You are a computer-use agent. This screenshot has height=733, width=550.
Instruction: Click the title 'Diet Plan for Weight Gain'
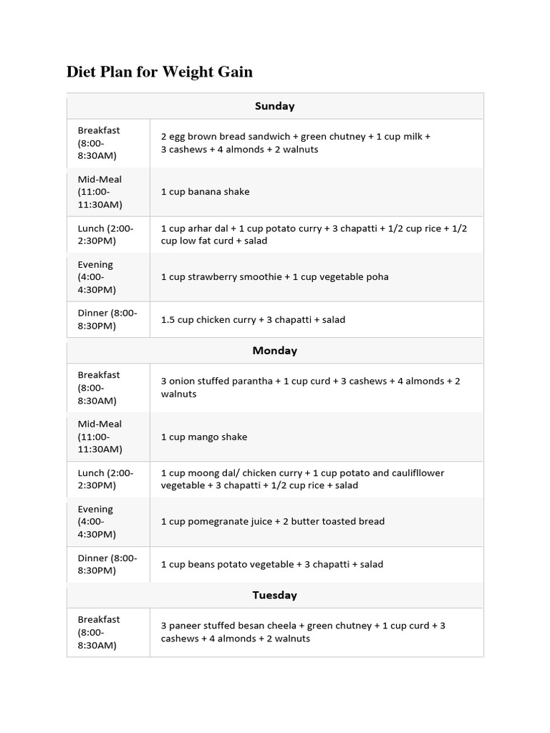coord(159,72)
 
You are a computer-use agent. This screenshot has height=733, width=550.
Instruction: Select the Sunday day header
coord(274,106)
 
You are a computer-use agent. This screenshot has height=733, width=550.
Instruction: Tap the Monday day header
coord(274,351)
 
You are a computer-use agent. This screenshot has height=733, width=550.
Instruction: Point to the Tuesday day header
coord(274,596)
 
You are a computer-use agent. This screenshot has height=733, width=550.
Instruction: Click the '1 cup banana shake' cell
coord(206,192)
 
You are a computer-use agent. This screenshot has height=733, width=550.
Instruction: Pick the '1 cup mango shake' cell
coord(204,437)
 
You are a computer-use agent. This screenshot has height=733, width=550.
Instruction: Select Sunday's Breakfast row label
coord(99,142)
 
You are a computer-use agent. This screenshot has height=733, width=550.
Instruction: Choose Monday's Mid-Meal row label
coord(100,437)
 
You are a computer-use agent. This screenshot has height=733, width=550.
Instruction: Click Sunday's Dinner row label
coord(107,319)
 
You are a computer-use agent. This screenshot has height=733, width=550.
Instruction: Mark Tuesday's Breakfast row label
coord(99,632)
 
